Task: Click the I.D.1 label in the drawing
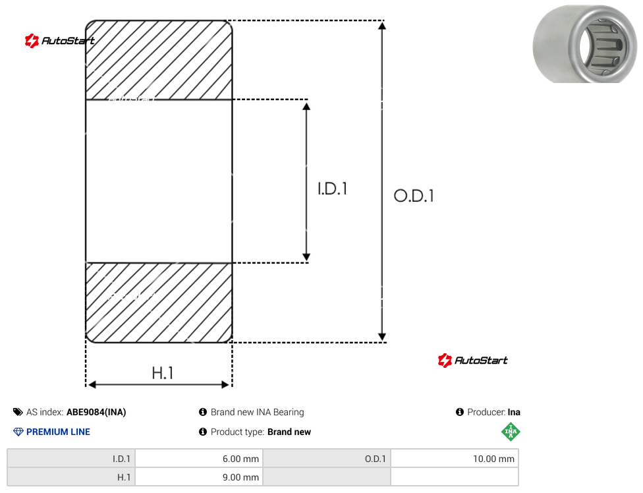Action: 332,188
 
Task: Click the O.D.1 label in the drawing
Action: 413,196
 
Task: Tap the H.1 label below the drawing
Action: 162,373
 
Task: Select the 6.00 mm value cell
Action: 200,459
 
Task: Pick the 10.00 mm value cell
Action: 455,459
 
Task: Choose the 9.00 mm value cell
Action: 200,477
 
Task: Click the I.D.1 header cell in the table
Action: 71,459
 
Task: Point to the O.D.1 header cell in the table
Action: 327,459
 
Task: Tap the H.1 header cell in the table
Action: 71,477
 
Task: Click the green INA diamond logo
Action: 511,432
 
